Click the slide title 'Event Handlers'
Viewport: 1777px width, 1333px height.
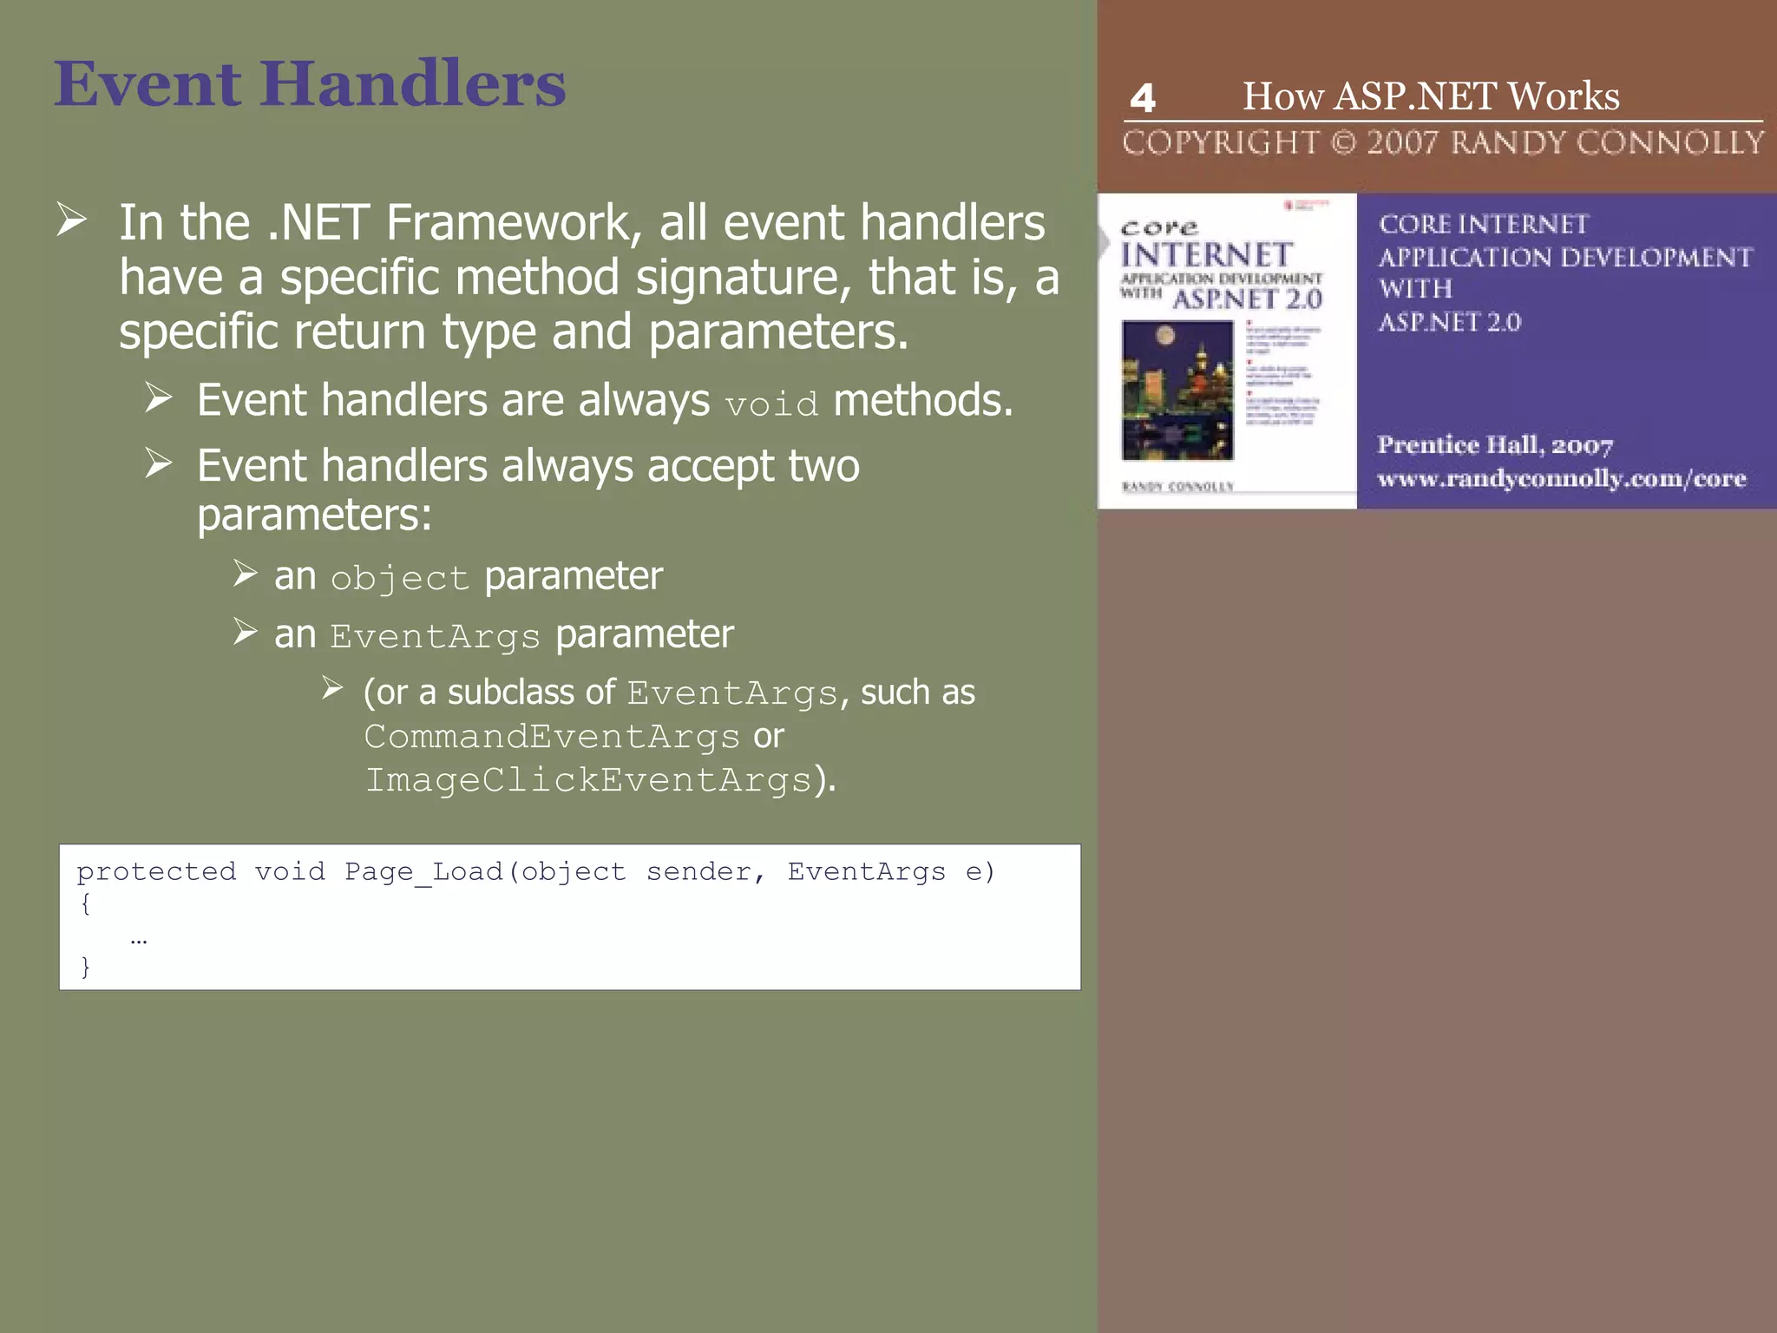310,84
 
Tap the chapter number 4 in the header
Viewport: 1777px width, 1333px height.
1143,98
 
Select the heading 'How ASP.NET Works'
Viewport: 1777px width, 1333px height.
1431,95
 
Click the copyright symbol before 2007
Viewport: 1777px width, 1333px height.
1343,142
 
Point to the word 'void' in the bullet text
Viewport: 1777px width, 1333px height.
771,404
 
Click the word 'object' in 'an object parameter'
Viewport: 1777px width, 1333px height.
399,579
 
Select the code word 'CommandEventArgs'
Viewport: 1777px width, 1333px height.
552,737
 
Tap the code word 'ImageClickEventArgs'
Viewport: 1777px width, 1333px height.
588,780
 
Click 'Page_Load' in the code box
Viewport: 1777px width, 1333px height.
423,871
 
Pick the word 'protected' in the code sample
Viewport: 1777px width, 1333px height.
156,871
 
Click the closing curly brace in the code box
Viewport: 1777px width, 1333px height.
85,967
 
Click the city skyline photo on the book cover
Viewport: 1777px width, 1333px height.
1177,390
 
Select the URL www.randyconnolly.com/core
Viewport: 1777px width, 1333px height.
1561,478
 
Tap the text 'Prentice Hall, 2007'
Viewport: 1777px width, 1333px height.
1494,445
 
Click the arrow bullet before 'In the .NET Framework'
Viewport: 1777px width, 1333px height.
72,220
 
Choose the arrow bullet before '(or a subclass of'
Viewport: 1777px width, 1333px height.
332,688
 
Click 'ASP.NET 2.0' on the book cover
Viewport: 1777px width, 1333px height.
1247,300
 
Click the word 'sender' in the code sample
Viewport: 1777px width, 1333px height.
698,871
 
